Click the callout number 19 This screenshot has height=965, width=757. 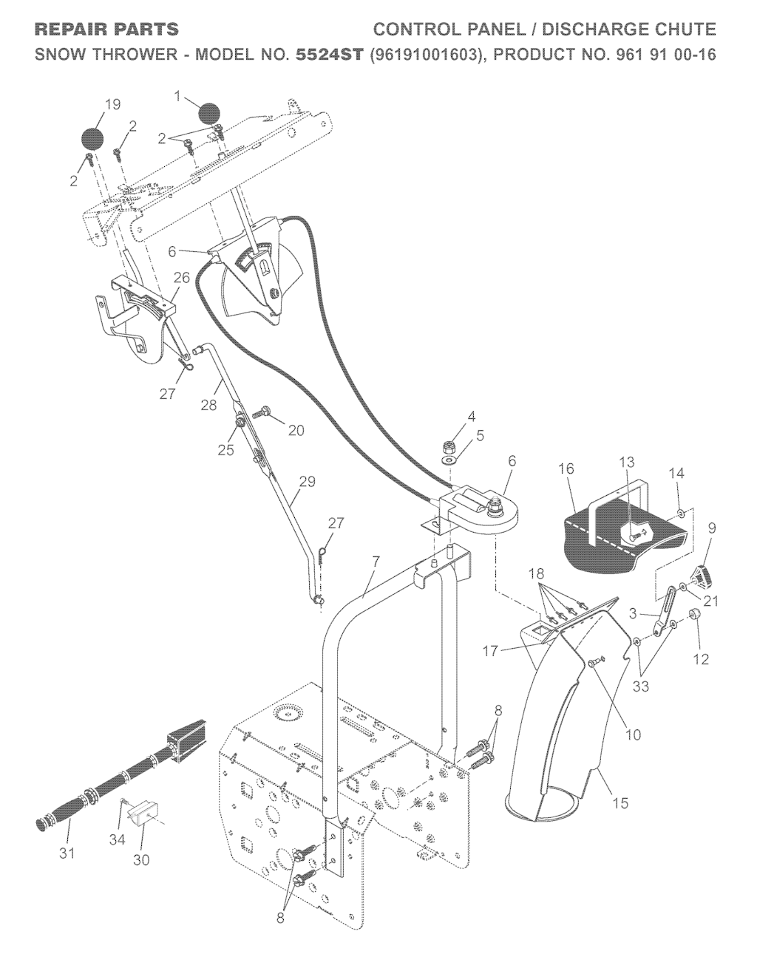pos(112,104)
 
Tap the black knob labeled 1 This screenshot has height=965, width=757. pos(209,115)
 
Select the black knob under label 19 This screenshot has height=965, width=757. pos(92,139)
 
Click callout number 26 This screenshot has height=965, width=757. pos(182,278)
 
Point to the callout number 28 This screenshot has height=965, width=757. pos(210,406)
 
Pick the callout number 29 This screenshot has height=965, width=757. pos(308,482)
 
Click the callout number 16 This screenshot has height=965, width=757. pos(566,468)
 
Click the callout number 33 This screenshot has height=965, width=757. pos(641,686)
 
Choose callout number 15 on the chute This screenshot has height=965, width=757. pos(621,802)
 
